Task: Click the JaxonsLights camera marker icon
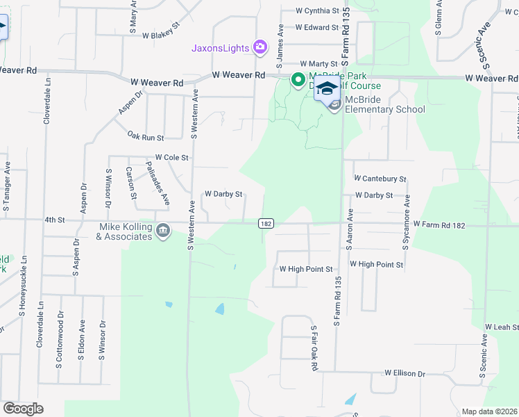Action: tap(260, 47)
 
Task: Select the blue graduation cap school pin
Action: tap(327, 88)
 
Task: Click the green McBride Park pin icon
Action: tap(298, 81)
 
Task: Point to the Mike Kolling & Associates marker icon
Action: tap(163, 230)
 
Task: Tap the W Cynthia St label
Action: tap(317, 11)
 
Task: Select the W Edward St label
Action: tap(316, 28)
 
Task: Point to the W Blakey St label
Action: tap(161, 35)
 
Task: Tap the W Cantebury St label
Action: tap(380, 179)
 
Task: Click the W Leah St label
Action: tap(502, 327)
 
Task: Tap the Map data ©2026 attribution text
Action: tap(489, 411)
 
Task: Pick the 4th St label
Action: tap(54, 220)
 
